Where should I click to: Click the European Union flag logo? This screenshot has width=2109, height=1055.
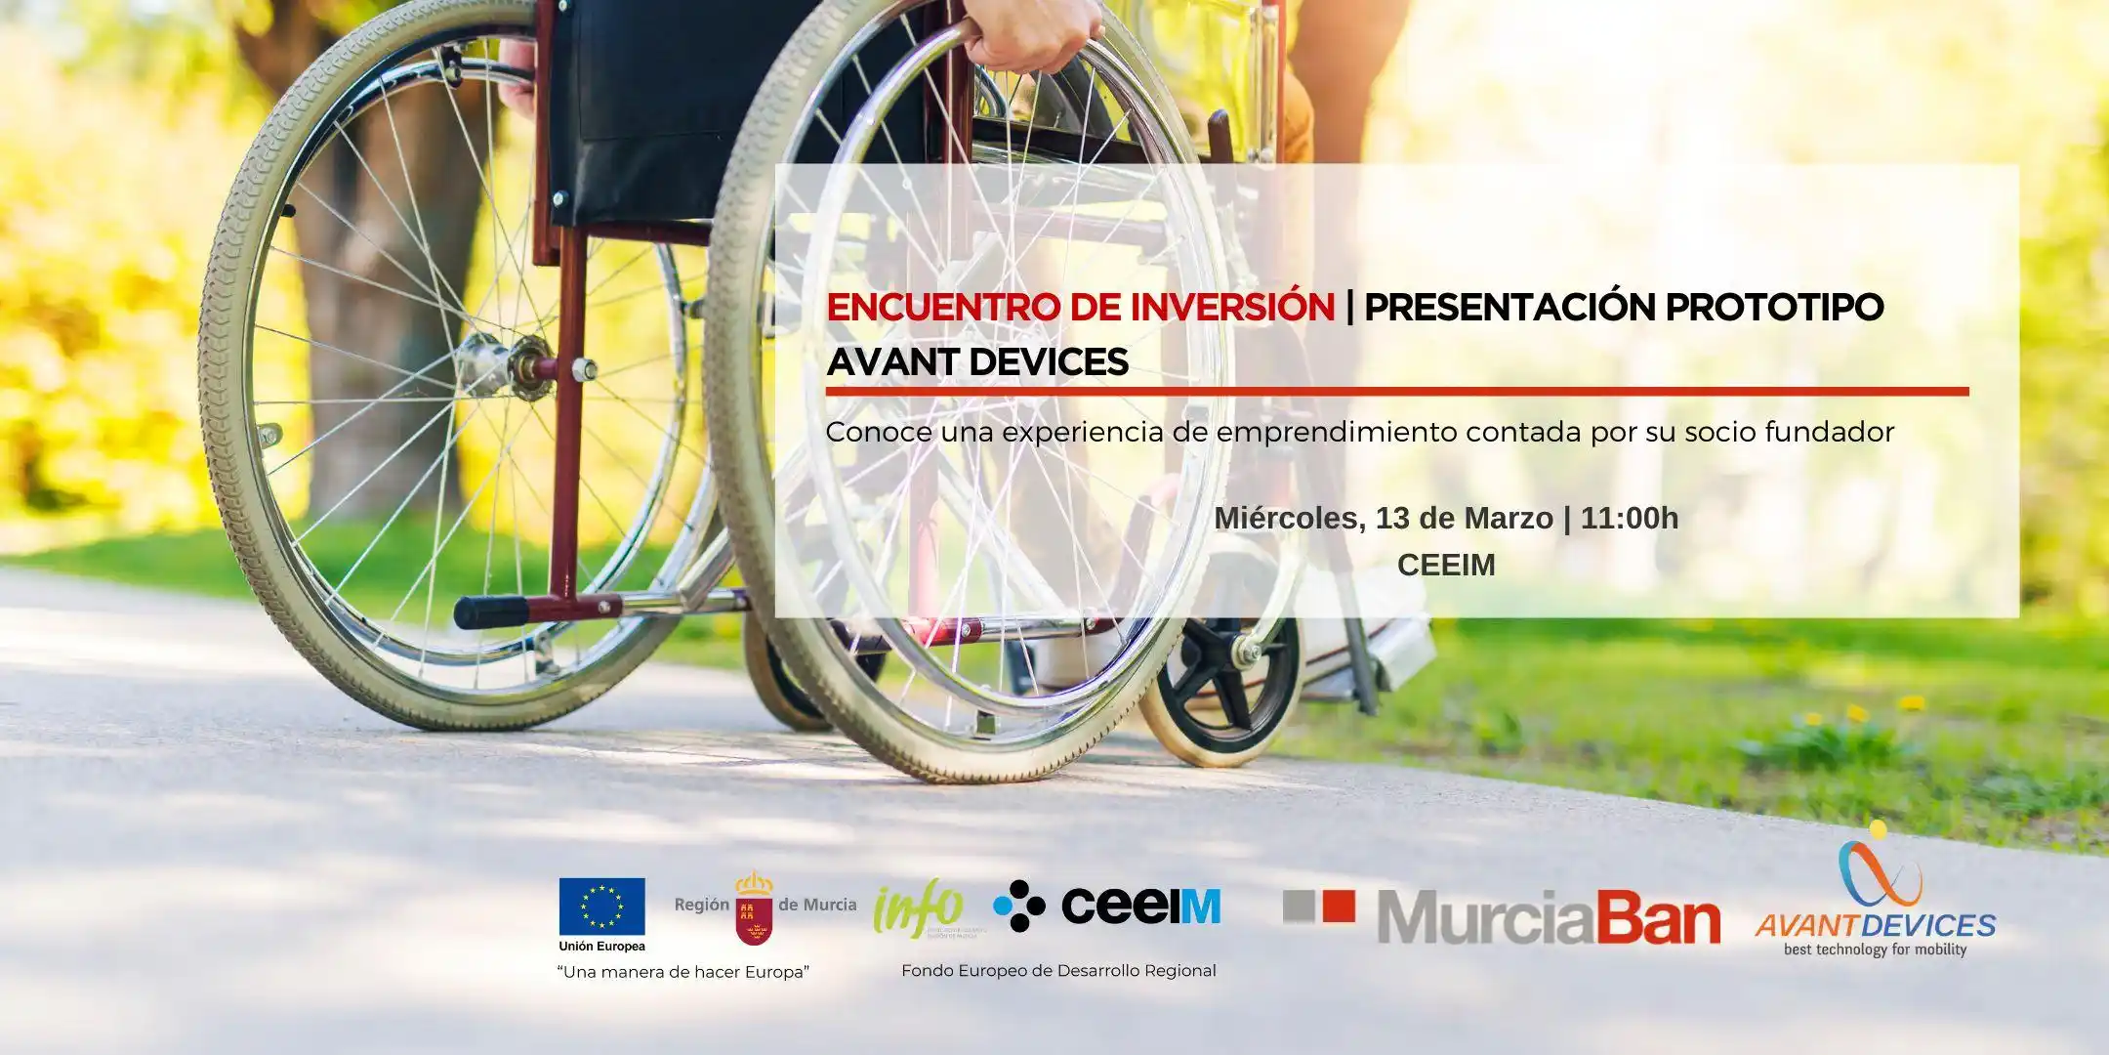click(x=601, y=906)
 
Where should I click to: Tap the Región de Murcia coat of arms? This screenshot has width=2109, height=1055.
click(x=754, y=907)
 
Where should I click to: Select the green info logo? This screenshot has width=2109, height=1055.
click(x=919, y=907)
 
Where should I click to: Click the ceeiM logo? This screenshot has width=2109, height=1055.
click(x=1107, y=906)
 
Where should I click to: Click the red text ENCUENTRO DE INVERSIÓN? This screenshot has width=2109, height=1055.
click(x=1080, y=307)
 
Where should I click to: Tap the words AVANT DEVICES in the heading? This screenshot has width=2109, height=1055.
click(x=977, y=362)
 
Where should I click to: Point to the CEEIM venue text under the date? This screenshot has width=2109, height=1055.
click(x=1446, y=565)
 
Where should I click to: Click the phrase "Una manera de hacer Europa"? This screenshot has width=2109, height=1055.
click(x=683, y=972)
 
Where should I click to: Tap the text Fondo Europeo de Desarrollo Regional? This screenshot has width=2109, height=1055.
click(x=1058, y=971)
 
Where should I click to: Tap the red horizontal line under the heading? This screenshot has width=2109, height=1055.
click(x=1396, y=392)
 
